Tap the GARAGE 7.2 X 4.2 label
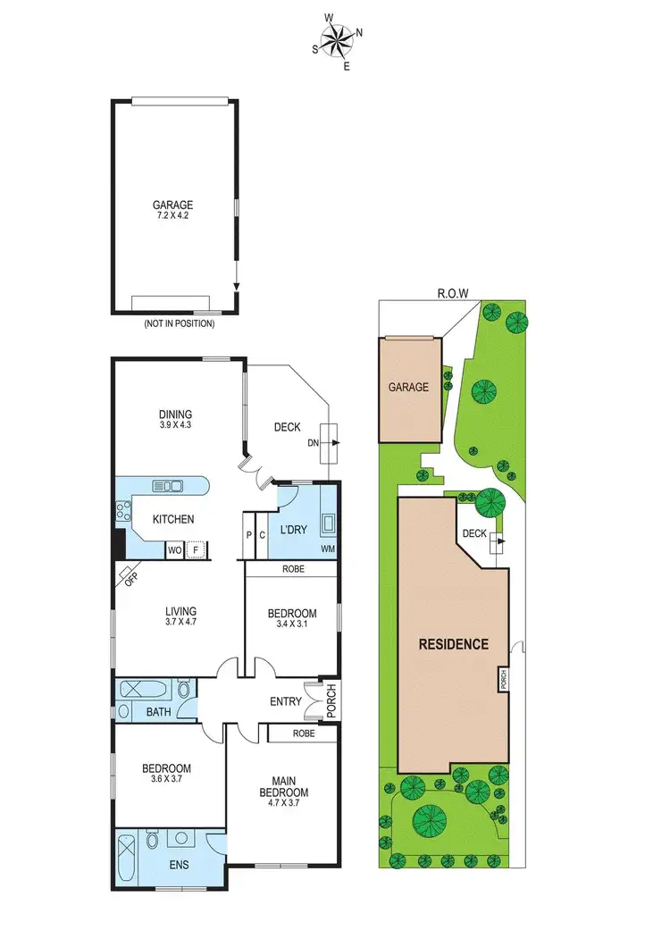click(172, 210)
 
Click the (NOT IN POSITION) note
click(179, 323)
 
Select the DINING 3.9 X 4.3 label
click(176, 419)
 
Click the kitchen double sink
click(168, 486)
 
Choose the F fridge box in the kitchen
click(195, 550)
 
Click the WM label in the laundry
click(329, 548)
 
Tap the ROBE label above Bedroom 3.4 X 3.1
click(292, 568)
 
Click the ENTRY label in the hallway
click(285, 702)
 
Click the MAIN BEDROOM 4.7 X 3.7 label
click(283, 786)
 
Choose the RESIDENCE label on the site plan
click(454, 644)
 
